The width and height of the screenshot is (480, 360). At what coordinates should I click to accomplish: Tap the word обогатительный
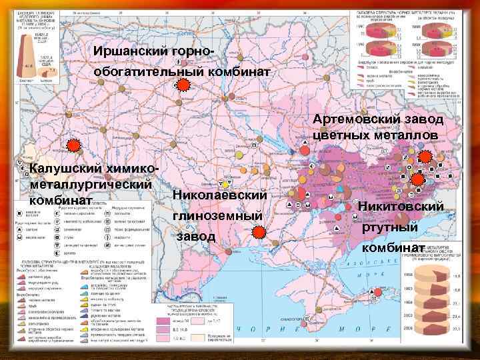click(137, 71)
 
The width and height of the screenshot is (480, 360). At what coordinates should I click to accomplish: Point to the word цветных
click(345, 136)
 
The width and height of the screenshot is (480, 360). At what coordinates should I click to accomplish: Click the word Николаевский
click(219, 195)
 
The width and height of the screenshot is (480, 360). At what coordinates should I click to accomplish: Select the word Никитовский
click(401, 206)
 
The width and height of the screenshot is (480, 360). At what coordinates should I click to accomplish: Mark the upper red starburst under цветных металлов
click(425, 157)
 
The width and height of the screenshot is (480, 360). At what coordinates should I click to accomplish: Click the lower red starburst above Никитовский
click(418, 179)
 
